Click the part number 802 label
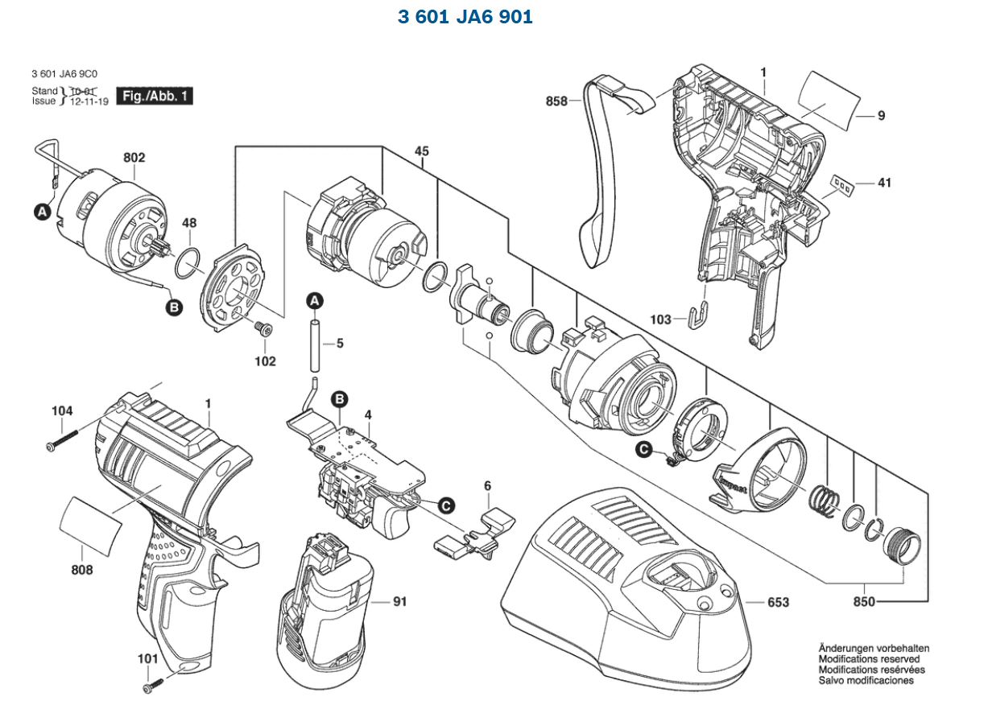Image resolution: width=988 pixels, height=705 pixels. (133, 159)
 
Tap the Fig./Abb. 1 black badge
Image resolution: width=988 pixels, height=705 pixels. (155, 97)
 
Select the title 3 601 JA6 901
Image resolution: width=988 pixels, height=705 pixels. (465, 16)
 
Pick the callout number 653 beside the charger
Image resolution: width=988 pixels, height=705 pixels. (778, 603)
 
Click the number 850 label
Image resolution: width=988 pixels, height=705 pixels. (864, 602)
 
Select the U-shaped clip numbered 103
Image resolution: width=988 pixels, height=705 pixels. (700, 315)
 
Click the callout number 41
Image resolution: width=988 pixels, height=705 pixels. (884, 183)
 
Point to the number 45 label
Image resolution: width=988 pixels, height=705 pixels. (422, 150)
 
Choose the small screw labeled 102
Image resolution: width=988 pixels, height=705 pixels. (263, 328)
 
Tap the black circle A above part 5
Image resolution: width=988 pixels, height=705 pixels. (315, 300)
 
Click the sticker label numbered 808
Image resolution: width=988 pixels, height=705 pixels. (93, 524)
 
